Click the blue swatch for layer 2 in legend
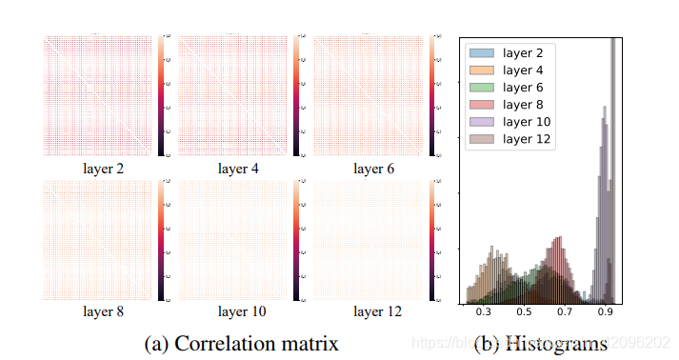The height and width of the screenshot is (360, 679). (483, 52)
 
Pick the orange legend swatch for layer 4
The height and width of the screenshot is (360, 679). (483, 70)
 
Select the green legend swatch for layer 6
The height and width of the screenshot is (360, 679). (483, 87)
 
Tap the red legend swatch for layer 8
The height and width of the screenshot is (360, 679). (483, 104)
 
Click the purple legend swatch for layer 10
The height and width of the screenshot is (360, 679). (483, 121)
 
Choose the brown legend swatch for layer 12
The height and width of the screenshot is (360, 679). (483, 138)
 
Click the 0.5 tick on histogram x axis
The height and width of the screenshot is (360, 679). (525, 310)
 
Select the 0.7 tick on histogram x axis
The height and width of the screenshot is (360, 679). (566, 310)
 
